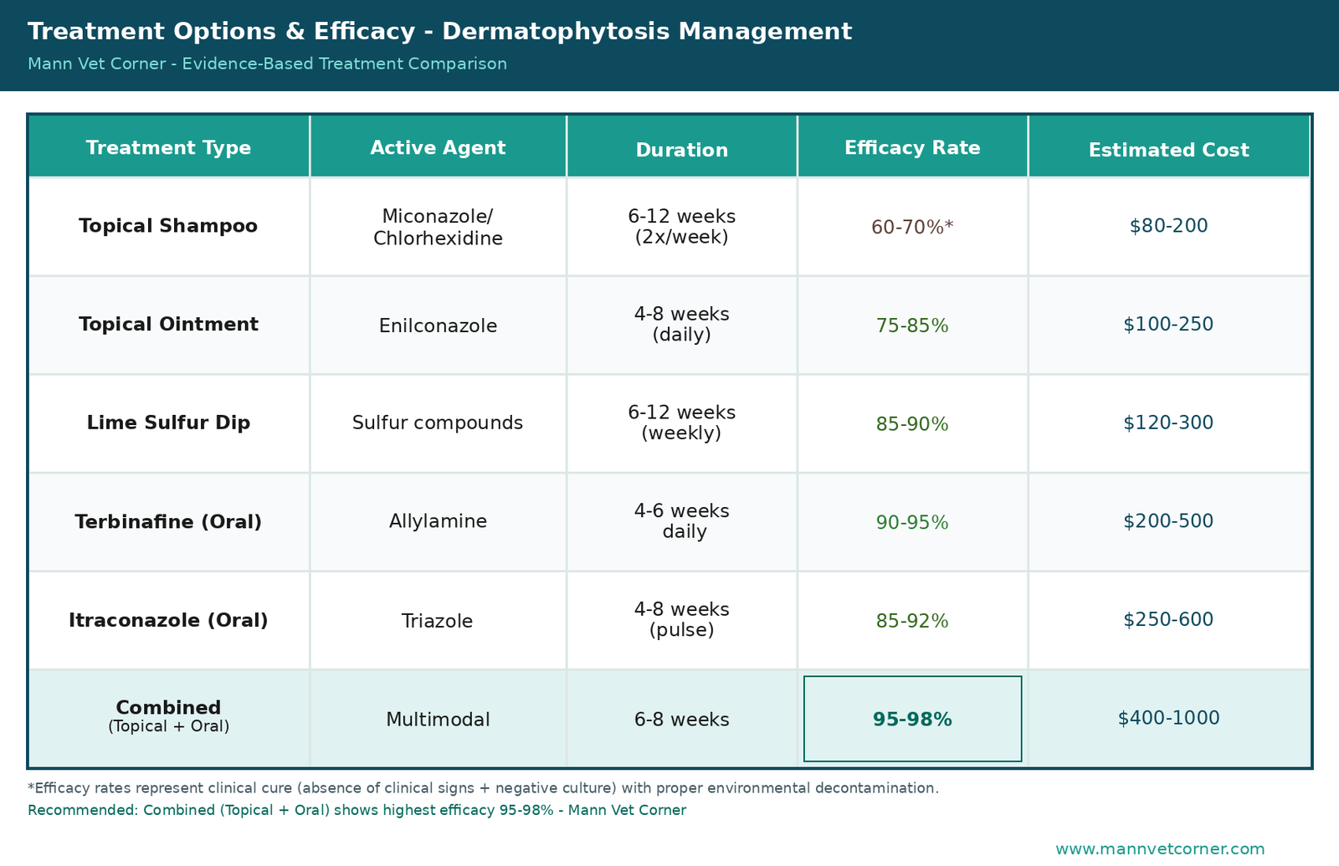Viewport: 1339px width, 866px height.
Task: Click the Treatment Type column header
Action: [168, 147]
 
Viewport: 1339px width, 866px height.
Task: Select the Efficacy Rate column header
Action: [912, 147]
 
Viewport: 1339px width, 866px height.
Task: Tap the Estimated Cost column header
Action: [1168, 150]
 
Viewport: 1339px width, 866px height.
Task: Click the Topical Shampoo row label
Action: [168, 226]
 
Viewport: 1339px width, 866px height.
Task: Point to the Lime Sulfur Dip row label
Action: [168, 423]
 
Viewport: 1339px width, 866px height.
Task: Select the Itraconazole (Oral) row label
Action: [168, 620]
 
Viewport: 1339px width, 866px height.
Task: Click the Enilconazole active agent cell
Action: [439, 325]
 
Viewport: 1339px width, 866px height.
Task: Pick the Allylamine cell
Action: [439, 521]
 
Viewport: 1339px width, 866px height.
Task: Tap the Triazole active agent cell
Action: [437, 621]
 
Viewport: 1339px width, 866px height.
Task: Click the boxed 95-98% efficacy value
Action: [912, 719]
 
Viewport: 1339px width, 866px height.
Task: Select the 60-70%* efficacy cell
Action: [912, 227]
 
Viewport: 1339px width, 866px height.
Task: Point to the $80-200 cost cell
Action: [1168, 226]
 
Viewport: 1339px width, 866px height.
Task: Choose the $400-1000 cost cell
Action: [1168, 718]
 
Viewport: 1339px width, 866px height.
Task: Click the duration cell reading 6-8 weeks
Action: [681, 719]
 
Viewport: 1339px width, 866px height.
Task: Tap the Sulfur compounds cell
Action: [438, 423]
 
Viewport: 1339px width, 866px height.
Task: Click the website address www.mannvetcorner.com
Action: [1160, 849]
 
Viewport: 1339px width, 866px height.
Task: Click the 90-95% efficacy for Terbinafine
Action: [912, 522]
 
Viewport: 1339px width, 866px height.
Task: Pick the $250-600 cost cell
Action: [1168, 619]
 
